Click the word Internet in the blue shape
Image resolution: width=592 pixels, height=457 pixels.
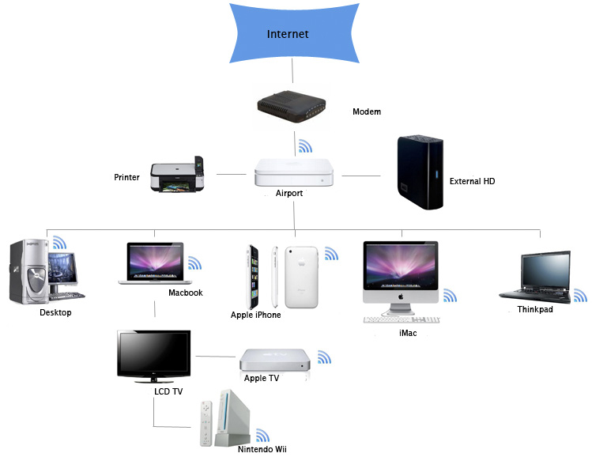[x=288, y=34]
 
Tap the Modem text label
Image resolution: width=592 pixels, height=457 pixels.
[x=366, y=111]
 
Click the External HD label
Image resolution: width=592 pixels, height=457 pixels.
[x=472, y=181]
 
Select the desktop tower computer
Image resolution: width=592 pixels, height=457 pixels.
[x=27, y=273]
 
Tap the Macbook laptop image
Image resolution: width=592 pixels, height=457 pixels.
[x=155, y=263]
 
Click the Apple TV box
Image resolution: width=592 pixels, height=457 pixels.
[x=272, y=361]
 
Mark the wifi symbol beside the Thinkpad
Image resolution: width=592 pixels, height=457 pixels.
[x=580, y=296]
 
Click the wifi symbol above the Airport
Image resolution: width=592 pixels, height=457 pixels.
[x=305, y=147]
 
